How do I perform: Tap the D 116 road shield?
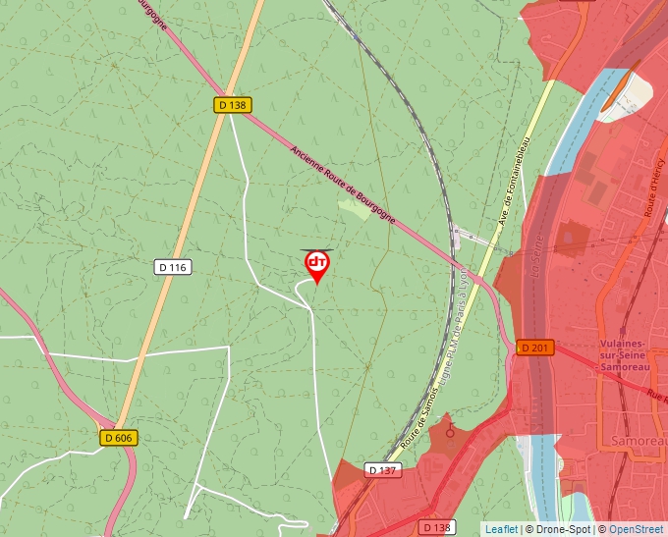point(172,267)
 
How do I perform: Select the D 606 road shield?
point(117,438)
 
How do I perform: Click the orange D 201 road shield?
point(535,348)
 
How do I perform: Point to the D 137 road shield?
point(384,470)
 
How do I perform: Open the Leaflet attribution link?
point(501,529)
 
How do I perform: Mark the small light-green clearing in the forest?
point(355,208)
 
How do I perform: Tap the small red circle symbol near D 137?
point(450,431)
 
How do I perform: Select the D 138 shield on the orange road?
point(231,104)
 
